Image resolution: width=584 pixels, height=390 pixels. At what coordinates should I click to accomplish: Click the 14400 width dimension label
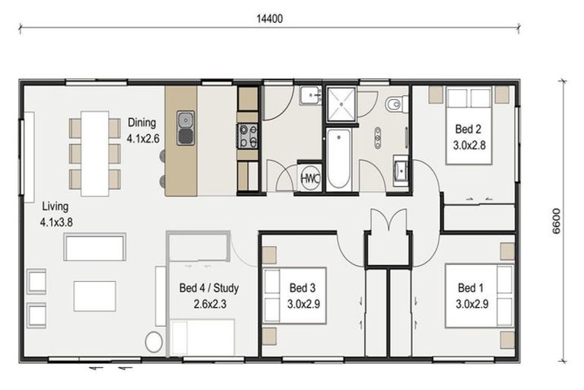(x=270, y=18)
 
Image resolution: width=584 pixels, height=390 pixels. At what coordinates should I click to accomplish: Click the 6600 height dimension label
(x=556, y=222)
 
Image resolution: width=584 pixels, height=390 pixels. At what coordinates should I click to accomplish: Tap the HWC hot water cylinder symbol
(x=310, y=178)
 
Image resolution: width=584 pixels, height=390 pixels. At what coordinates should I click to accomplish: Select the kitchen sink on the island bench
(x=186, y=128)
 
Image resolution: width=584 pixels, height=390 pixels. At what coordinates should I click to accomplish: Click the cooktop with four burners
(x=247, y=136)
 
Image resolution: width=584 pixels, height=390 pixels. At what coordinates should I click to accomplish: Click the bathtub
(x=338, y=159)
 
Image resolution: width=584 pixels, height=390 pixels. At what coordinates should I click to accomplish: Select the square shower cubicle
(x=341, y=104)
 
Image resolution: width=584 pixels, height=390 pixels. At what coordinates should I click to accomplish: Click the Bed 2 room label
(x=469, y=137)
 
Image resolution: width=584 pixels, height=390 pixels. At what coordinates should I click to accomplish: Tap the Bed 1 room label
(x=472, y=296)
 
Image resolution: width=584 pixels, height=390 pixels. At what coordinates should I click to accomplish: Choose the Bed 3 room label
(x=303, y=296)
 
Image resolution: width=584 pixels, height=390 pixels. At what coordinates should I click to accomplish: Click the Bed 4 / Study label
(x=209, y=296)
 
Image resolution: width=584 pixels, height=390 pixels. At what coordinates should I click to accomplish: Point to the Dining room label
(x=143, y=130)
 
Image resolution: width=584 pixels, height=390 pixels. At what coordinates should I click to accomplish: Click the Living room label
(x=56, y=214)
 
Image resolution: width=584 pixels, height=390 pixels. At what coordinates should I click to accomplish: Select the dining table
(x=95, y=153)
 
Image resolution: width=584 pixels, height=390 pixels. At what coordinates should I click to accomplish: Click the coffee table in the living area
(x=94, y=296)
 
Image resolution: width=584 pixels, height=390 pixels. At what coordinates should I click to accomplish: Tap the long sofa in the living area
(x=94, y=247)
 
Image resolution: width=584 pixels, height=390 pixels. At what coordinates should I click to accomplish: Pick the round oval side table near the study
(x=154, y=341)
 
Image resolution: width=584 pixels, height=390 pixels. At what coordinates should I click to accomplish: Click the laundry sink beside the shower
(x=310, y=94)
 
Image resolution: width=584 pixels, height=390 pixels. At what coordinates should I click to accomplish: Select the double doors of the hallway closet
(x=389, y=220)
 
